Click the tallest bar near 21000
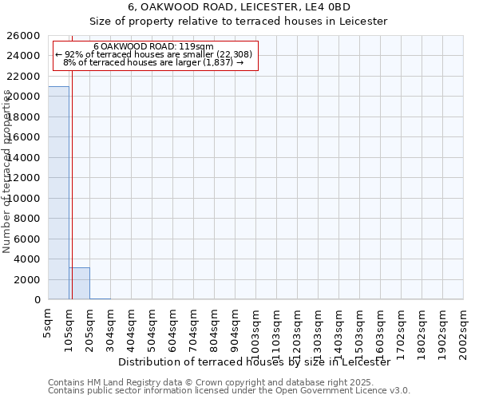click(x=58, y=192)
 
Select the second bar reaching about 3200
click(x=79, y=283)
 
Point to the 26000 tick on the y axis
click(x=25, y=36)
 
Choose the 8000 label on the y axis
click(x=28, y=219)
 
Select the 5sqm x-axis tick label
click(x=49, y=322)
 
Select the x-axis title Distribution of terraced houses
click(x=255, y=362)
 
